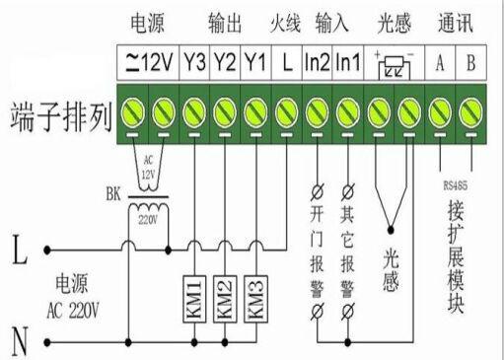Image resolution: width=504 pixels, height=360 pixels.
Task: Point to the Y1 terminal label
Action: pyautogui.click(x=254, y=62)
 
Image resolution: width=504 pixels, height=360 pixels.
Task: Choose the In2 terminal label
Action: pyautogui.click(x=317, y=62)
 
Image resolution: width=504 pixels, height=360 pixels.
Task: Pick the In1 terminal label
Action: pyautogui.click(x=347, y=62)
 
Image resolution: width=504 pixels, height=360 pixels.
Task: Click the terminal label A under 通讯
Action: pyautogui.click(x=440, y=62)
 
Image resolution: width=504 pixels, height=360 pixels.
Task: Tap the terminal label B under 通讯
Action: pyautogui.click(x=471, y=62)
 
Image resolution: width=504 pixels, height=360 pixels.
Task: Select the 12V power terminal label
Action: pyautogui.click(x=147, y=62)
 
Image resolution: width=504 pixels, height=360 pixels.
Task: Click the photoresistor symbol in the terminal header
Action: pyautogui.click(x=394, y=63)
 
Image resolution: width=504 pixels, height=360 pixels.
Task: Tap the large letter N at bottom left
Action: pyautogui.click(x=18, y=342)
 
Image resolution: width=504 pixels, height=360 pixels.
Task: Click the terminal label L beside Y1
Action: pyautogui.click(x=285, y=62)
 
